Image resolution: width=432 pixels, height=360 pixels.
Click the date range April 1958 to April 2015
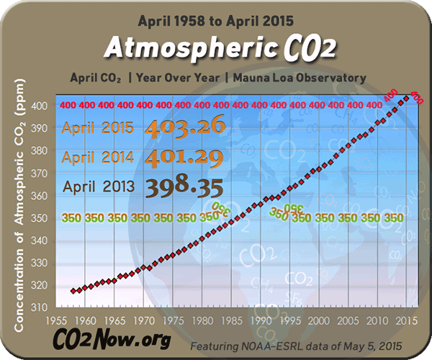(x=215, y=19)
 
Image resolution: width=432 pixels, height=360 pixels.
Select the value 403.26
(x=186, y=127)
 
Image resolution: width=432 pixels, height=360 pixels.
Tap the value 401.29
(x=186, y=156)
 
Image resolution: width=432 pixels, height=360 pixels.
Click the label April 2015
(x=98, y=129)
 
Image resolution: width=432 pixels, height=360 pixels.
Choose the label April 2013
(x=98, y=186)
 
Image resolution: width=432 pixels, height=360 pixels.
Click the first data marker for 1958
(x=73, y=291)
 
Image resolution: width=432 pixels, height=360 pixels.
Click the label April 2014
(x=98, y=157)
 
